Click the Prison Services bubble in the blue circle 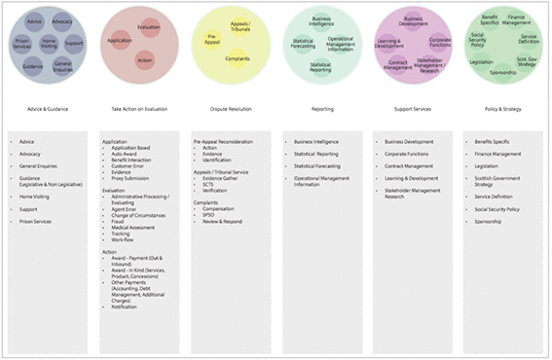pyautogui.click(x=21, y=45)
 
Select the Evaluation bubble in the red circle pyautogui.click(x=148, y=27)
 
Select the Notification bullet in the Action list pyautogui.click(x=129, y=306)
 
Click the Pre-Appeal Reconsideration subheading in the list pyautogui.click(x=230, y=141)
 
